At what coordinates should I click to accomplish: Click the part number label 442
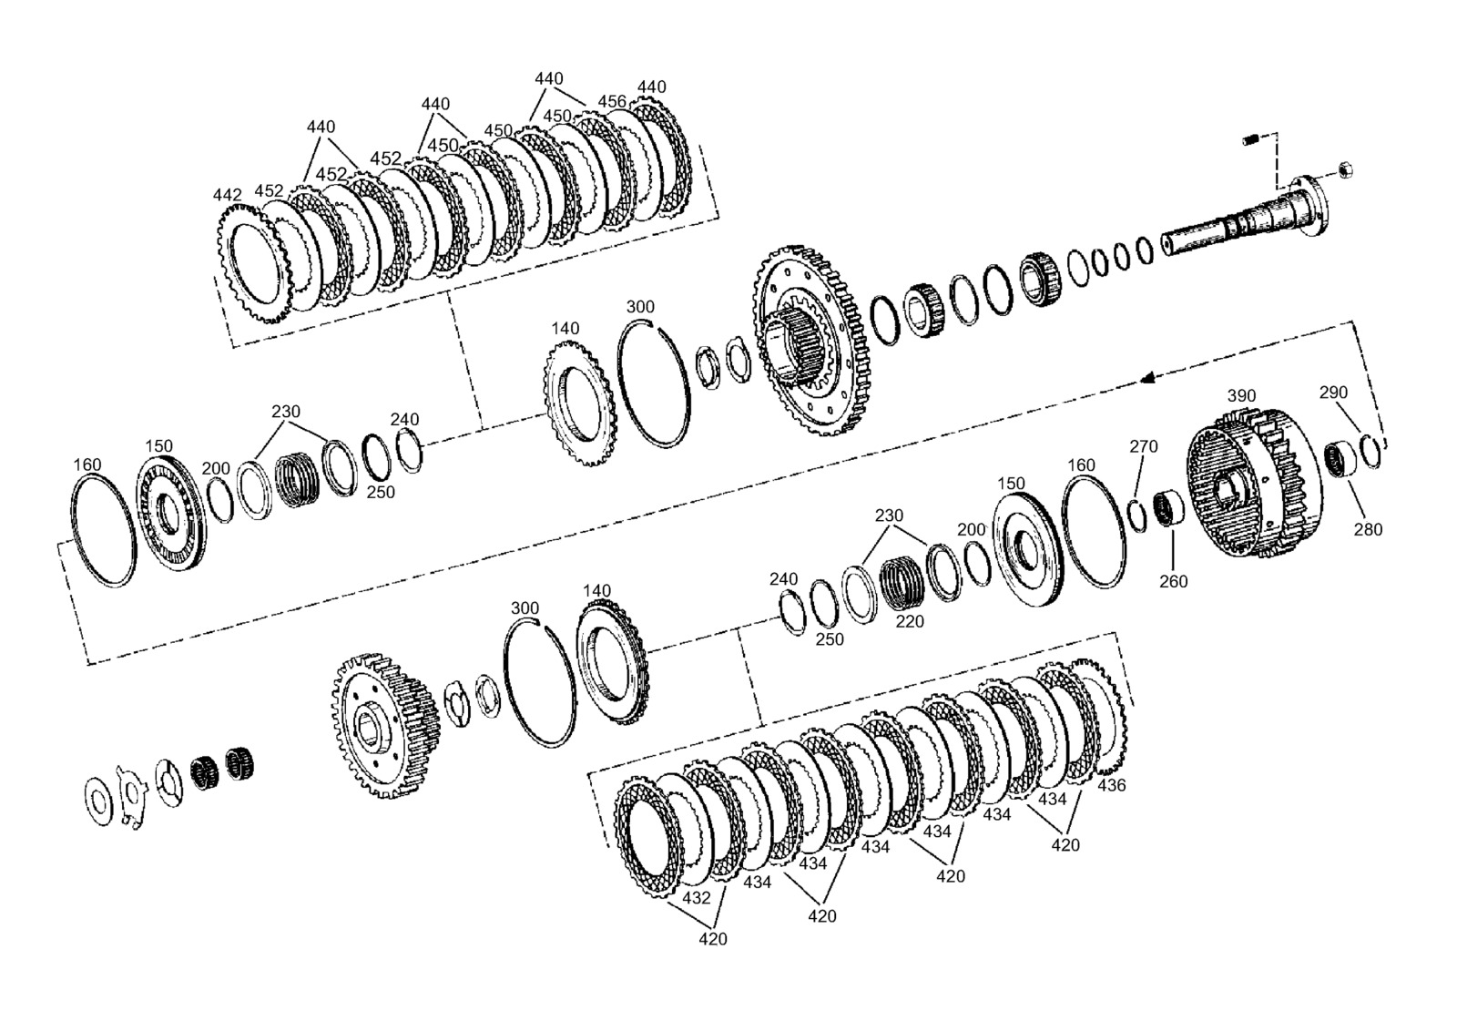click(x=227, y=195)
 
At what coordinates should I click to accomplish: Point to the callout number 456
click(x=612, y=101)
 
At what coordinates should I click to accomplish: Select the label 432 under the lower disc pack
click(x=696, y=898)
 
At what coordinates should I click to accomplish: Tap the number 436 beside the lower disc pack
click(x=1112, y=785)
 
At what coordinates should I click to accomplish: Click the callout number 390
click(x=1242, y=395)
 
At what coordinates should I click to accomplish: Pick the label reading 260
click(x=1174, y=581)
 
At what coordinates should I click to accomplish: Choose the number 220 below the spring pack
click(x=910, y=622)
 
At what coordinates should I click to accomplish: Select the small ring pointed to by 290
click(x=1370, y=450)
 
